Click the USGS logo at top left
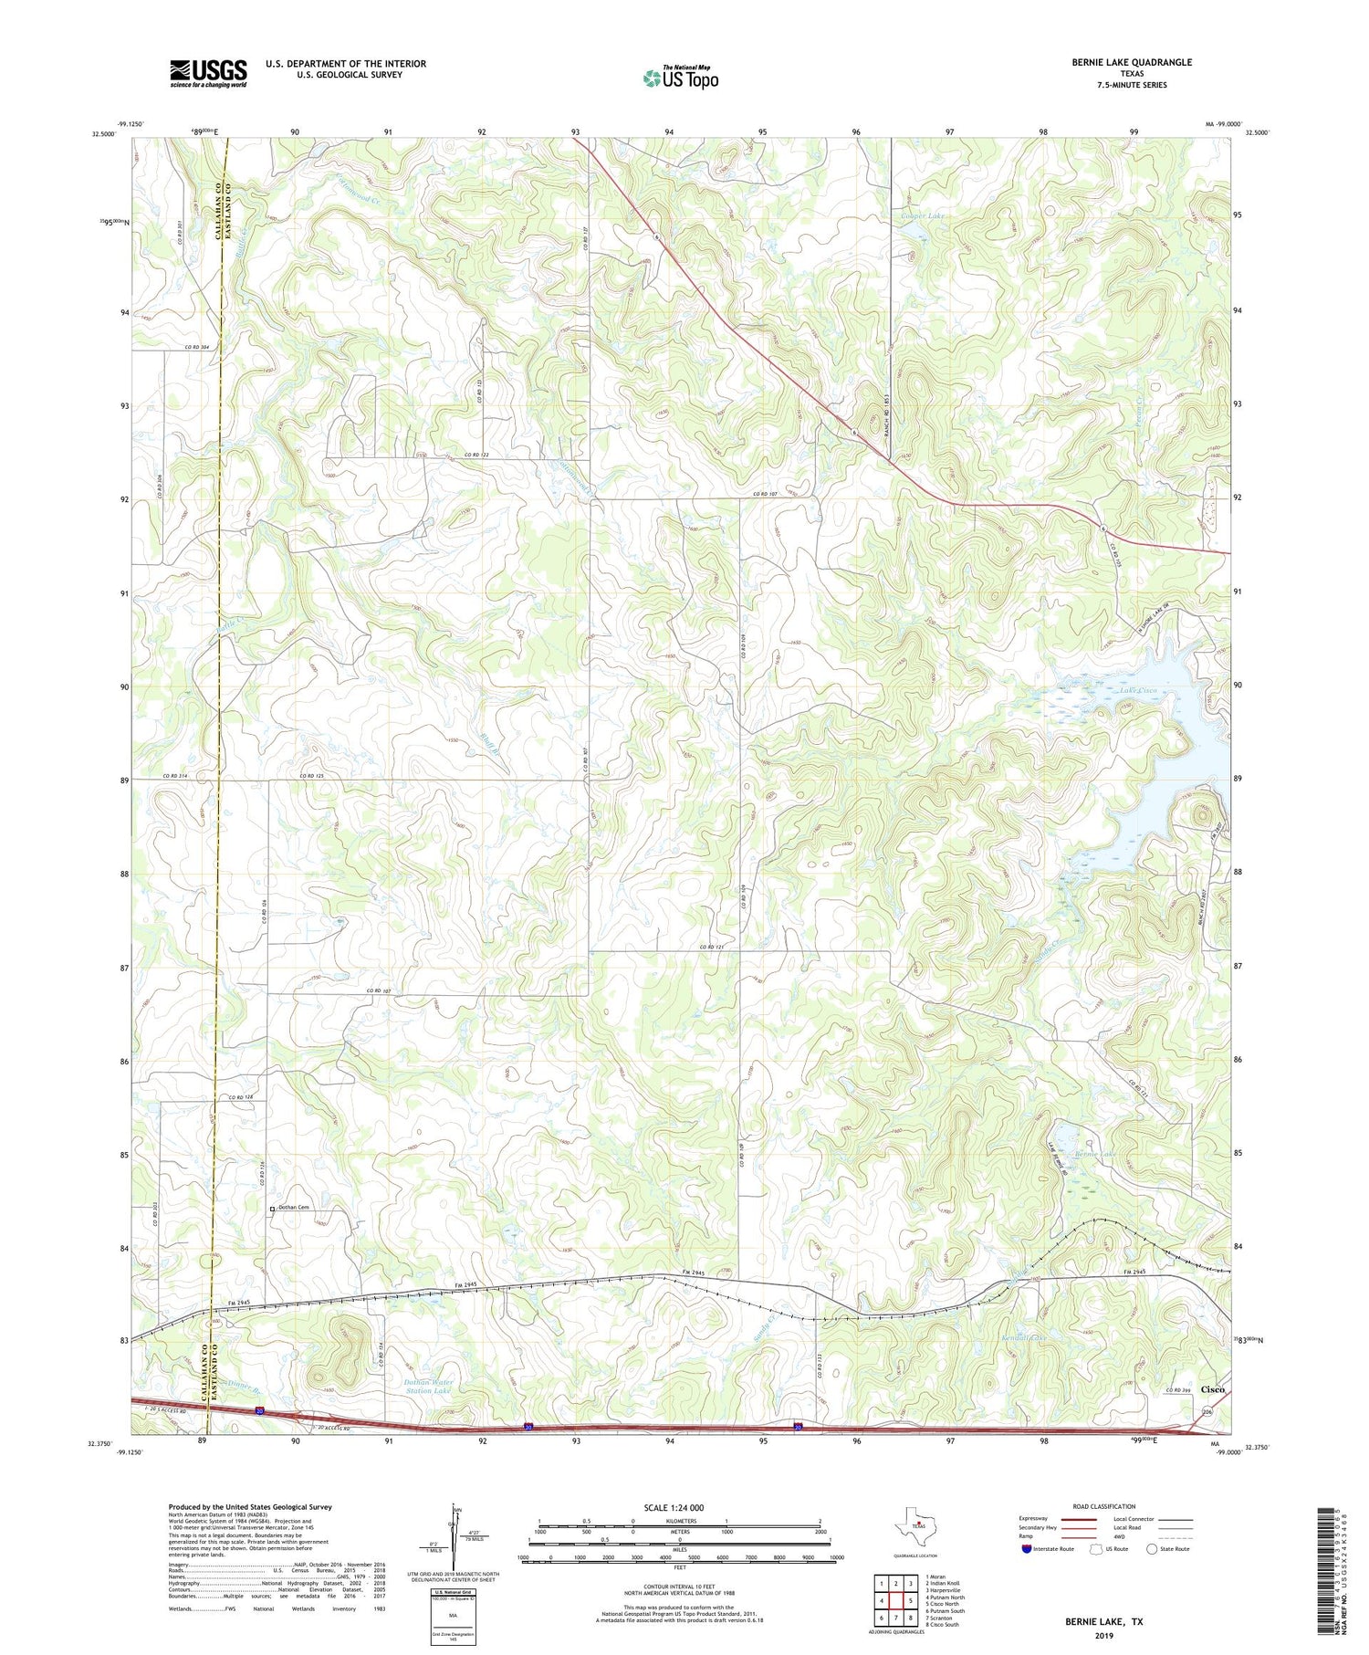click(x=208, y=73)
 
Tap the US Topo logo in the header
click(x=680, y=79)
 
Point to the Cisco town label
click(x=1213, y=1388)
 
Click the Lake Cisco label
click(x=1133, y=690)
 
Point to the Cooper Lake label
click(x=923, y=216)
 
